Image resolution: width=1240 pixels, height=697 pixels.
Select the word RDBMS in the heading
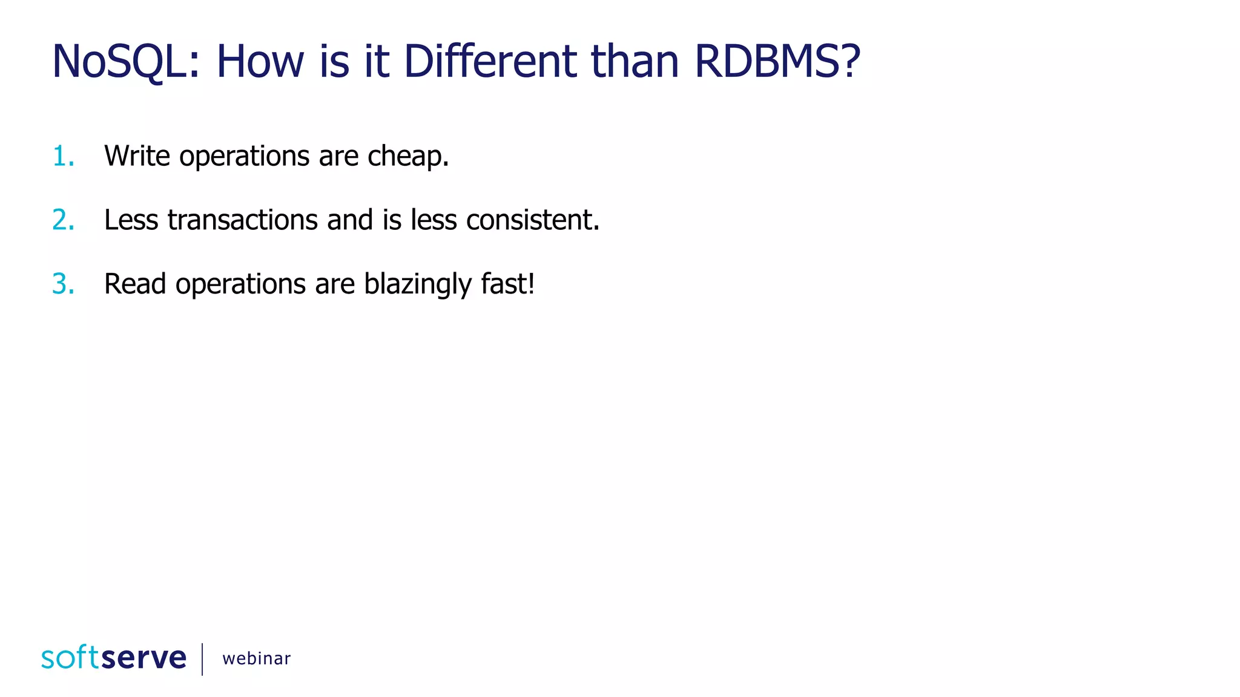coord(769,62)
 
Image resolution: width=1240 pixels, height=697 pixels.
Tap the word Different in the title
coord(490,62)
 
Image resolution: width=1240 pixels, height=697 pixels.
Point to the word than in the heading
coord(635,62)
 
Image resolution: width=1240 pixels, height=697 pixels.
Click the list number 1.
coord(63,156)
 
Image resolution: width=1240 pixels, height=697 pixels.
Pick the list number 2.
coord(63,220)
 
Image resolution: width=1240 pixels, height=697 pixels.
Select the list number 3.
coord(63,284)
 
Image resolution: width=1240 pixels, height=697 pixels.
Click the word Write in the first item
coord(137,156)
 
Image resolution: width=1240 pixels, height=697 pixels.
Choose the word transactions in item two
coord(242,220)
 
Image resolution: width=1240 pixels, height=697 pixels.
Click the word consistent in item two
coord(532,220)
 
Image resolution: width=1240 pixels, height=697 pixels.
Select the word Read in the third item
coord(135,284)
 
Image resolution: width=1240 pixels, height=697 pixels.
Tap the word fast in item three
coord(506,284)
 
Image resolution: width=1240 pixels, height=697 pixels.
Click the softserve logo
coord(114,658)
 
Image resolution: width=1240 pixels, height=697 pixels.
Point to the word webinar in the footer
coord(256,658)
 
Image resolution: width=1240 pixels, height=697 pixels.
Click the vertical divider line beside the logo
coord(202,658)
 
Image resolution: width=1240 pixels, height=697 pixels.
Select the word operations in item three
coord(240,285)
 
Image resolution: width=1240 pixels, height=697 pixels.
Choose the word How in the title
coord(260,62)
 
